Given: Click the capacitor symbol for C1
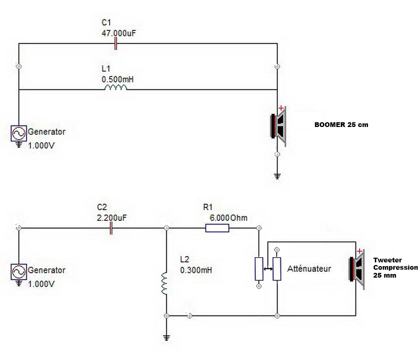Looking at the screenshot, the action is pos(115,44).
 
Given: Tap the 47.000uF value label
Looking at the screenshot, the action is pos(119,34).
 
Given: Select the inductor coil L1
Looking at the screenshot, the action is pos(115,88).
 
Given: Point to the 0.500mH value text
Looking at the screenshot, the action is pos(117,79).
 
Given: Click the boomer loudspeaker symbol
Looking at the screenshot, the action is pos(278,126).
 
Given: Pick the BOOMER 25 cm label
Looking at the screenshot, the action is pos(341,125).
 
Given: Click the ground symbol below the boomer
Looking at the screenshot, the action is pos(277,176).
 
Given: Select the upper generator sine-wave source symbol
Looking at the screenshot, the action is pos(19,133).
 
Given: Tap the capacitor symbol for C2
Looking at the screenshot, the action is pos(111,228).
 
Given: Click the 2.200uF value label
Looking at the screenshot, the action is pos(112,218).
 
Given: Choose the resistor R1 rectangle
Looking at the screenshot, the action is pos(217,228).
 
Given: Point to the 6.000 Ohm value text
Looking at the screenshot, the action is pos(228,218).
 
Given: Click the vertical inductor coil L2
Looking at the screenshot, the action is pos(164,283).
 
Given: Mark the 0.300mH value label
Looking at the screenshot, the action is pos(196,270).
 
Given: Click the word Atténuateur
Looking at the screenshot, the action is pos(309,269).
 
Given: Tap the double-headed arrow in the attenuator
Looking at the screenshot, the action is pos(268,269).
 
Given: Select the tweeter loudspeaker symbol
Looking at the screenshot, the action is pos(357,269).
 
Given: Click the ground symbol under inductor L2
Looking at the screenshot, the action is pos(166,338).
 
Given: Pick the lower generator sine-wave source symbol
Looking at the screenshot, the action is pos(19,272).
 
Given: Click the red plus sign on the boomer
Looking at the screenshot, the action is pos(281,108).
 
